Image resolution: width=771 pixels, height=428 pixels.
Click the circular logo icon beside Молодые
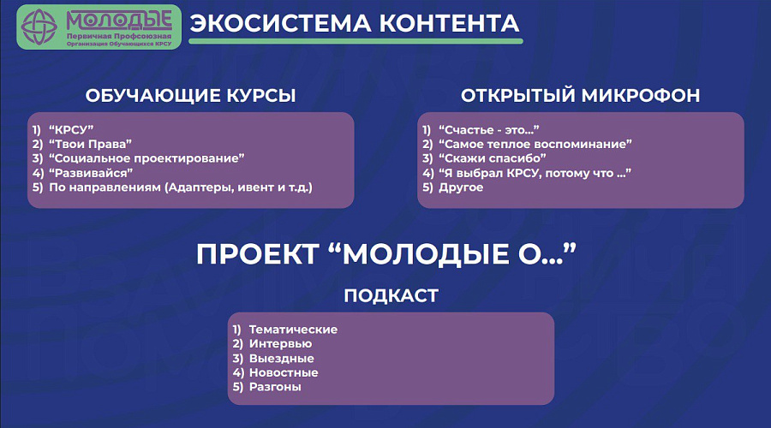[x=39, y=27]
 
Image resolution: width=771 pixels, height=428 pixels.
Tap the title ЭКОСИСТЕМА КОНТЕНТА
[x=355, y=23]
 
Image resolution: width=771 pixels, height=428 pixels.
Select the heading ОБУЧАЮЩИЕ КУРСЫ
[x=191, y=95]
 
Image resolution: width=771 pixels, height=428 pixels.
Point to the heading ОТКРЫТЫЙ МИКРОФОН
[x=580, y=95]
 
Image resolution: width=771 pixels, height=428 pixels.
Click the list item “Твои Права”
[x=90, y=144]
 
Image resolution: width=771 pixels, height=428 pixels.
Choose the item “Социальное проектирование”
[x=146, y=158]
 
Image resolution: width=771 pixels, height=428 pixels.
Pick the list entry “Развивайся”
[x=91, y=173]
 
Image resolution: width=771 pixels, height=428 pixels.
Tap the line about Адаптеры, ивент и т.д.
[x=181, y=187]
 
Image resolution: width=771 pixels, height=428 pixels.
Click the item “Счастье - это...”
[x=489, y=130]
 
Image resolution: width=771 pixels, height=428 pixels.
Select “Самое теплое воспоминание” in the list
[x=535, y=144]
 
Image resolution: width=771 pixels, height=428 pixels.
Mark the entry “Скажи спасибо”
[x=493, y=158]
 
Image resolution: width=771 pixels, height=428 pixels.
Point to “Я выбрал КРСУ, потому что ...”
[x=535, y=173]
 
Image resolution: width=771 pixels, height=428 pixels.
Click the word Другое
[x=461, y=187]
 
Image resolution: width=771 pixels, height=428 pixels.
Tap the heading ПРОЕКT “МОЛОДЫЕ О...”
[x=386, y=254]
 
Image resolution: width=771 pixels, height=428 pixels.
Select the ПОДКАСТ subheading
[x=391, y=296]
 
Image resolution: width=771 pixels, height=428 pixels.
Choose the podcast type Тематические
[x=293, y=330]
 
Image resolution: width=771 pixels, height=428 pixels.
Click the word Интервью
[x=280, y=344]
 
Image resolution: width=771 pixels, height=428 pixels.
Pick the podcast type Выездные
[x=281, y=358]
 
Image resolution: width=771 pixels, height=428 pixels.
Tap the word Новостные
[x=284, y=372]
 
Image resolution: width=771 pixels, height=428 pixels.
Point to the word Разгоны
[x=275, y=387]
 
